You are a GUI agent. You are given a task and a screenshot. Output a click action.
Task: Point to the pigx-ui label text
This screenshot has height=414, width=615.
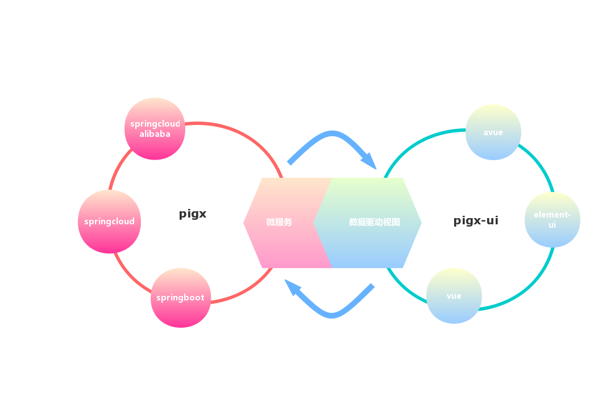[x=476, y=220]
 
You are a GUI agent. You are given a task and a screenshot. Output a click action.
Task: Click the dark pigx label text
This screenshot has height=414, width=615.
[x=193, y=214]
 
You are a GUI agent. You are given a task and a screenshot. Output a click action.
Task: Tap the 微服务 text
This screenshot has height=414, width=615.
[x=279, y=222]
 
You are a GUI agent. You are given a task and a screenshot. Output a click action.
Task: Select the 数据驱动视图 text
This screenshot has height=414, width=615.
[x=374, y=222]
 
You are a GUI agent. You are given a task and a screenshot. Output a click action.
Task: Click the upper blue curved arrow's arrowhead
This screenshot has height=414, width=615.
[x=370, y=161]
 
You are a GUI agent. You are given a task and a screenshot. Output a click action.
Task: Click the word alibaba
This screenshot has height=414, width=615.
[x=155, y=134]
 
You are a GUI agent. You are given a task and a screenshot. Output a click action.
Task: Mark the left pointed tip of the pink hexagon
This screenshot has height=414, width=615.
[x=244, y=223]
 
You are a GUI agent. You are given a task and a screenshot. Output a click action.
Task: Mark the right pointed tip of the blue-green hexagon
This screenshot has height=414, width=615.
[x=420, y=223]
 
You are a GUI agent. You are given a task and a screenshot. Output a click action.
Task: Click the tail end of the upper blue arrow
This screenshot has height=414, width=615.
[x=289, y=163]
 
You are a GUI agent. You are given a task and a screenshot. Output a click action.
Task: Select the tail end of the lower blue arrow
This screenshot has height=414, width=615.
[x=373, y=286]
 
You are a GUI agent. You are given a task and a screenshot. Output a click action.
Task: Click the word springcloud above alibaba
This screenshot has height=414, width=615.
[x=155, y=124]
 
